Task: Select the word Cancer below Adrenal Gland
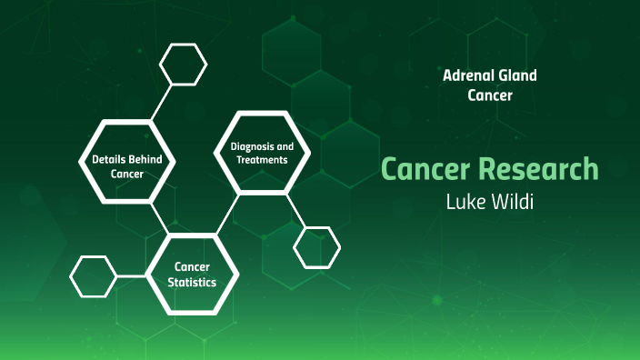(490, 94)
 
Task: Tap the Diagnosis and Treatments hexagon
(262, 153)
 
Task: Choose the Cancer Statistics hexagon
(193, 275)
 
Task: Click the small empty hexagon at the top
(184, 64)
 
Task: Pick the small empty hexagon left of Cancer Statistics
(94, 276)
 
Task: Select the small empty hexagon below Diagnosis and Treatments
(317, 246)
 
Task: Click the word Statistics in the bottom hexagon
(193, 283)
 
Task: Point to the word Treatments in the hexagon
(262, 160)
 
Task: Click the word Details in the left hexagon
(108, 159)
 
